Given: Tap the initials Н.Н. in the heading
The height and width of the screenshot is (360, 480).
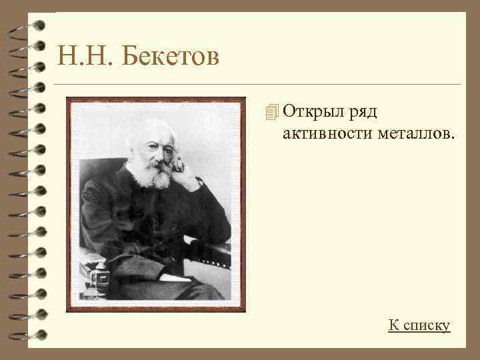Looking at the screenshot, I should (x=87, y=56).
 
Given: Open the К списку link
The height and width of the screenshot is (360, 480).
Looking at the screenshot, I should (x=419, y=325).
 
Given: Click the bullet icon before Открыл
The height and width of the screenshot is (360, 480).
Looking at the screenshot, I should (x=270, y=113).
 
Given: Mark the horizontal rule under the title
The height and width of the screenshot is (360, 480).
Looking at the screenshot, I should (x=257, y=85).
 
